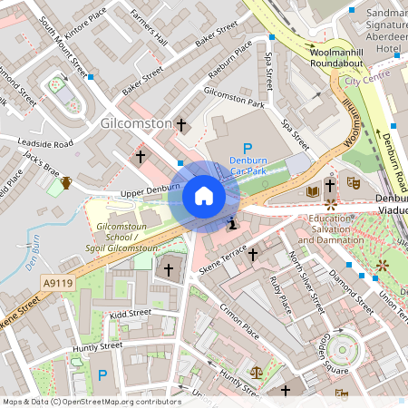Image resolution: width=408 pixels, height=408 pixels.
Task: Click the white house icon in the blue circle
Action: pyautogui.click(x=204, y=196)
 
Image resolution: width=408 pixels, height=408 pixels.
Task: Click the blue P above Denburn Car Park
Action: pyautogui.click(x=247, y=150)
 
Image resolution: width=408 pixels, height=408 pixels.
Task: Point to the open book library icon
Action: pyautogui.click(x=313, y=191)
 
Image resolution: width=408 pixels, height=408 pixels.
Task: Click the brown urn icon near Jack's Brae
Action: pyautogui.click(x=66, y=184)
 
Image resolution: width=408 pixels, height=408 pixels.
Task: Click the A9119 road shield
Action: pyautogui.click(x=57, y=284)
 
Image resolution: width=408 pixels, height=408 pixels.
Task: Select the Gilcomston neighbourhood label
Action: pyautogui.click(x=136, y=122)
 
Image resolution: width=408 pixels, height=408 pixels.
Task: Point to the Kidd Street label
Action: pyautogui.click(x=129, y=314)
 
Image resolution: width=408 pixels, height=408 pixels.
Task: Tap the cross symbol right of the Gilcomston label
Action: pyautogui.click(x=181, y=123)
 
